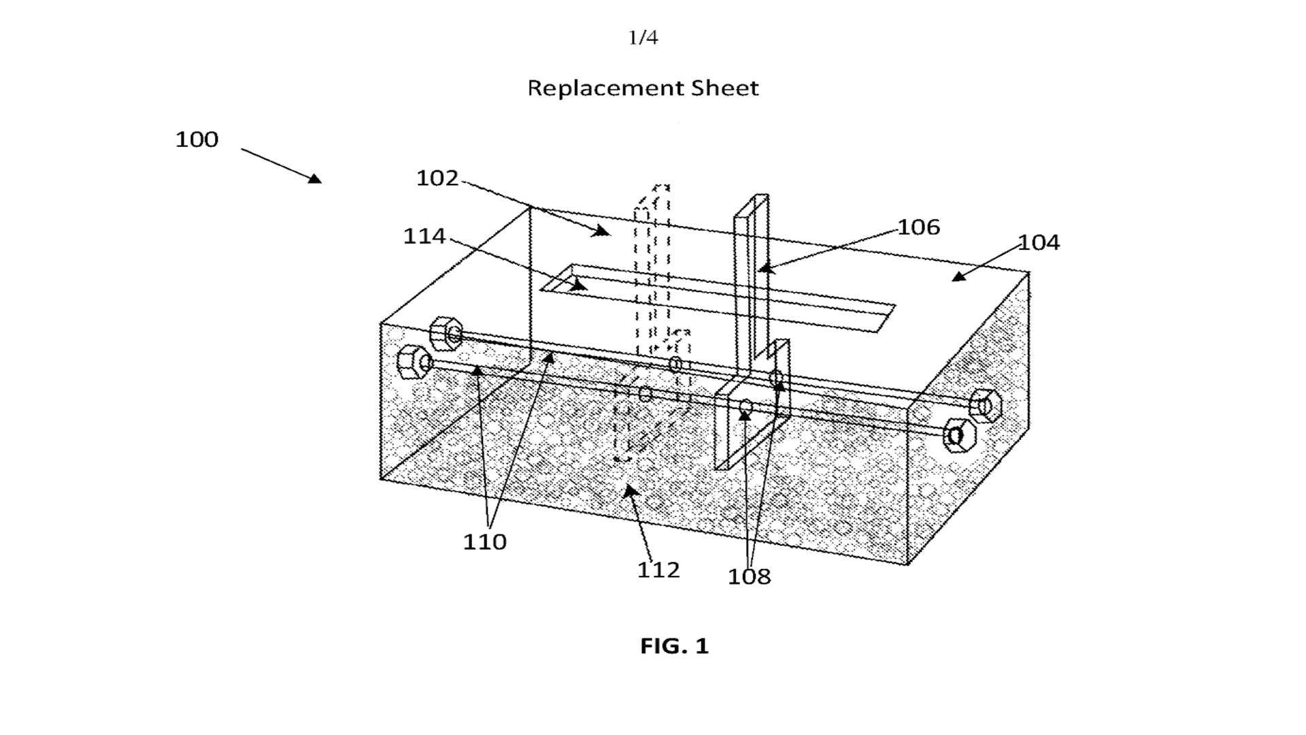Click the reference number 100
coord(197,140)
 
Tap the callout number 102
coord(437,178)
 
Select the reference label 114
coord(424,236)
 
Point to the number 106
coord(919,227)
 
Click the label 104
coord(1039,242)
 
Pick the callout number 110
coord(484,542)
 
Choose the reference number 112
coord(658,570)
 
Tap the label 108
coord(749,577)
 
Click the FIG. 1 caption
coord(674,646)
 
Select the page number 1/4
coord(643,37)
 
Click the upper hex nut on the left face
coord(446,333)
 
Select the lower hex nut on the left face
coord(412,362)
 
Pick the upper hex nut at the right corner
coord(985,406)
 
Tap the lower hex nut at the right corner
coord(959,436)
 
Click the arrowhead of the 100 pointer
coord(315,179)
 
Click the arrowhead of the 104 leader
coord(958,276)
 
